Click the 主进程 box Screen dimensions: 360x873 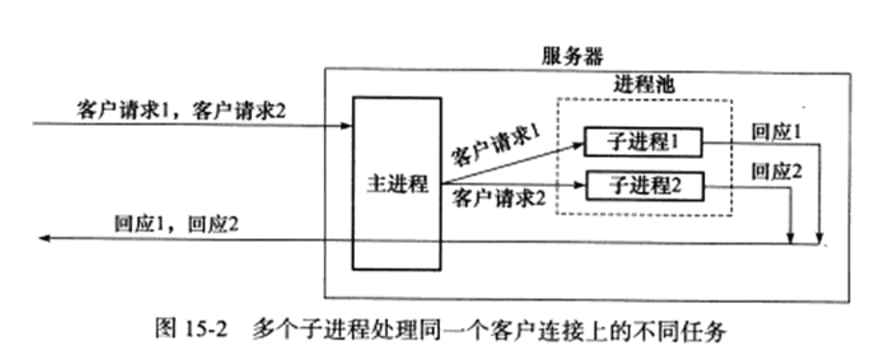pyautogui.click(x=397, y=183)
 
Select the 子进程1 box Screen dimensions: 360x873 pyautogui.click(x=642, y=142)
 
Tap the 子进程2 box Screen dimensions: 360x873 pyautogui.click(x=645, y=185)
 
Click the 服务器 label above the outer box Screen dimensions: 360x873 pyautogui.click(x=572, y=56)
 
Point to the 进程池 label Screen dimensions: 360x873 pyautogui.click(x=644, y=84)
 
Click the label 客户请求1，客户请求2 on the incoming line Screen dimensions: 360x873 pyautogui.click(x=181, y=110)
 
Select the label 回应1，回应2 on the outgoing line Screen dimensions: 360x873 pyautogui.click(x=176, y=224)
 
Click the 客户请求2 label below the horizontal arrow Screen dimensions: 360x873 pyautogui.click(x=498, y=198)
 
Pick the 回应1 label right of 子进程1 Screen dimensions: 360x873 pyautogui.click(x=776, y=132)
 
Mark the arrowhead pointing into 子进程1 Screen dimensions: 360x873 pyautogui.click(x=578, y=144)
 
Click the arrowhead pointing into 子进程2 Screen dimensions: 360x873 pyautogui.click(x=579, y=185)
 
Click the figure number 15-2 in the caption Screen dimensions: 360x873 pyautogui.click(x=205, y=329)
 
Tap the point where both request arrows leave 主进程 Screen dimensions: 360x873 pyautogui.click(x=442, y=183)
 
